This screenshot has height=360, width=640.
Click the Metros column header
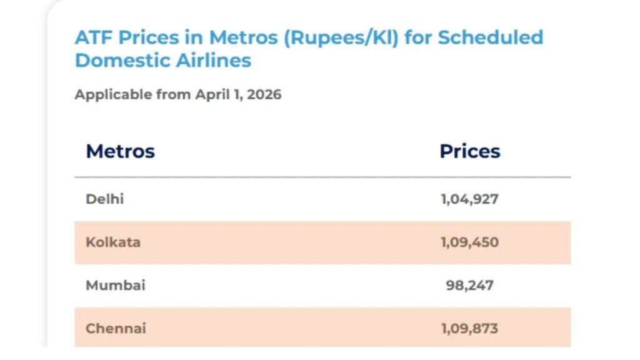[120, 151]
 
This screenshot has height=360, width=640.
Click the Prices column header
[469, 151]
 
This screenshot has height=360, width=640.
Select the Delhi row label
[105, 199]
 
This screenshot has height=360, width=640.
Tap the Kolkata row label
[112, 242]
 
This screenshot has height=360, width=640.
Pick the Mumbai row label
[116, 285]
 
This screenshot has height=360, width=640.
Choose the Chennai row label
[116, 328]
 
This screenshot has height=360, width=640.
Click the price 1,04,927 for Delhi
[469, 199]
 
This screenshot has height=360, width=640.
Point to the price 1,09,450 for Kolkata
[469, 242]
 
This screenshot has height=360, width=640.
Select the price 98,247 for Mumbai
[469, 285]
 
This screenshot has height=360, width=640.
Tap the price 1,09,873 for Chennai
[469, 328]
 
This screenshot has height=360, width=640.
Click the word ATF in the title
[92, 37]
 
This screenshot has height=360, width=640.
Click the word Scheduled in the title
[490, 37]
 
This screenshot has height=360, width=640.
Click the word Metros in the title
[244, 37]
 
